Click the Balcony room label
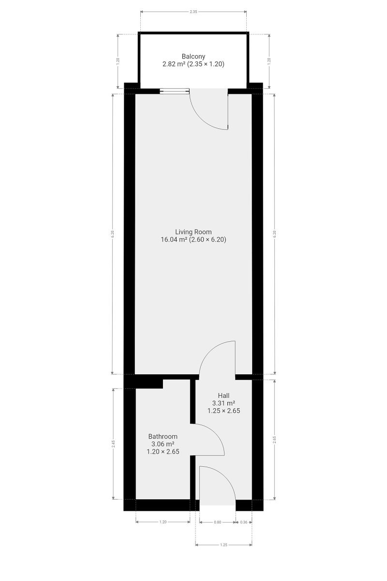(193, 56)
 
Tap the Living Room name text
(193, 232)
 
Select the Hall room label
(223, 396)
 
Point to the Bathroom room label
(163, 436)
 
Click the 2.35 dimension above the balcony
(193, 12)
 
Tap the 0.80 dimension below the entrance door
(218, 522)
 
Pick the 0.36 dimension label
(244, 522)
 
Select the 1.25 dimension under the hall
(223, 545)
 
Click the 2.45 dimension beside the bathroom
(113, 444)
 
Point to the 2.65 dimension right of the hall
(274, 440)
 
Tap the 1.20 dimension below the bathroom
(163, 522)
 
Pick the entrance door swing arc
(225, 477)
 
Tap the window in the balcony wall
(175, 91)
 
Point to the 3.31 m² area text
(223, 403)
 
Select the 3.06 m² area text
(163, 444)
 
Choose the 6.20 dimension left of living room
(112, 234)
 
